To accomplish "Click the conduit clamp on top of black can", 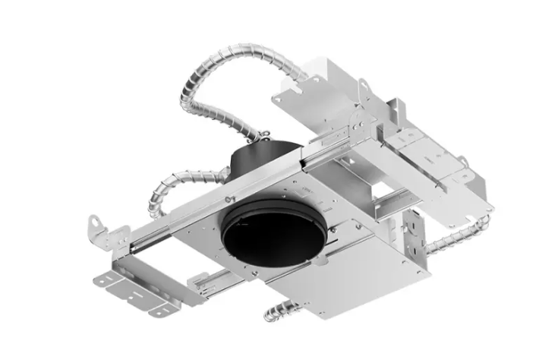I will pos(265,137).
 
